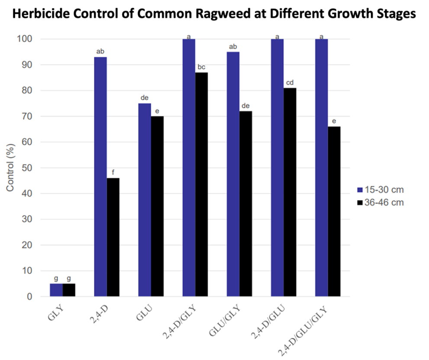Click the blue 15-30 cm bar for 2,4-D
(100, 177)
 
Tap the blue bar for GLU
(145, 200)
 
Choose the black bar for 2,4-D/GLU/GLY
(334, 211)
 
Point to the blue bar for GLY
(56, 290)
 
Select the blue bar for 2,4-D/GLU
(277, 168)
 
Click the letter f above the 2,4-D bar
(113, 172)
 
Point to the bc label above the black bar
(201, 67)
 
